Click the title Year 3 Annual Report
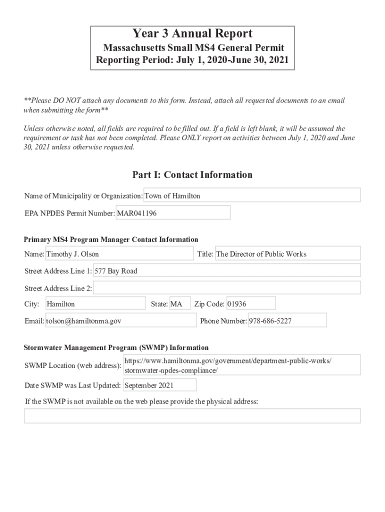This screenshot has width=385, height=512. tap(192, 34)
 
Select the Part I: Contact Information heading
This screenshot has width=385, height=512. tap(192, 174)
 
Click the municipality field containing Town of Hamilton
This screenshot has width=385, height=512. tap(252, 195)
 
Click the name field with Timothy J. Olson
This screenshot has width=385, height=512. tap(119, 253)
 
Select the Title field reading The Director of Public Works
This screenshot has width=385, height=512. tap(287, 253)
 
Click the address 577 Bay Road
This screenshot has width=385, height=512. tap(226, 270)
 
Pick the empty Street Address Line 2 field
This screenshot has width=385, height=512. tap(226, 288)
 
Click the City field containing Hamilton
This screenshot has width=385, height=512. tap(95, 303)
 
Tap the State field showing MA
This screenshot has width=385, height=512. tap(179, 303)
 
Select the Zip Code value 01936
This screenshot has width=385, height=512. tap(250, 303)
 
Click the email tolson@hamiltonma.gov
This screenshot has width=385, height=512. tap(120, 320)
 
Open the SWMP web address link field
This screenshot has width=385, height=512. tap(241, 365)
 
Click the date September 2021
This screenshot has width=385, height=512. tap(159, 385)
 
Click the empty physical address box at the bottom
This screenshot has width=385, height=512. tap(192, 416)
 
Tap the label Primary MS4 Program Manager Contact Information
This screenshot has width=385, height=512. tap(111, 239)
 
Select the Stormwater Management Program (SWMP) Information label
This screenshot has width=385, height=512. tap(116, 347)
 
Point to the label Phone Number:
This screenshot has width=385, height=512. tap(223, 321)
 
